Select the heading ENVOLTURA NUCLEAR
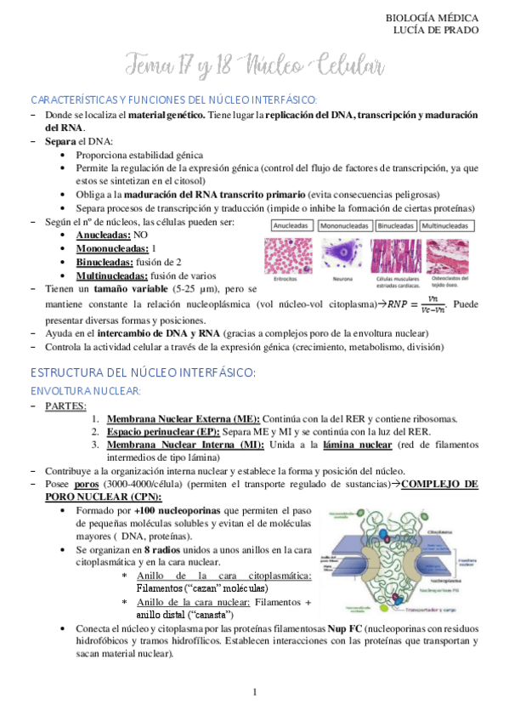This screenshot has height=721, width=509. pyautogui.click(x=85, y=390)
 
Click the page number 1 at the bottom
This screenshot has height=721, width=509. pyautogui.click(x=254, y=694)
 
